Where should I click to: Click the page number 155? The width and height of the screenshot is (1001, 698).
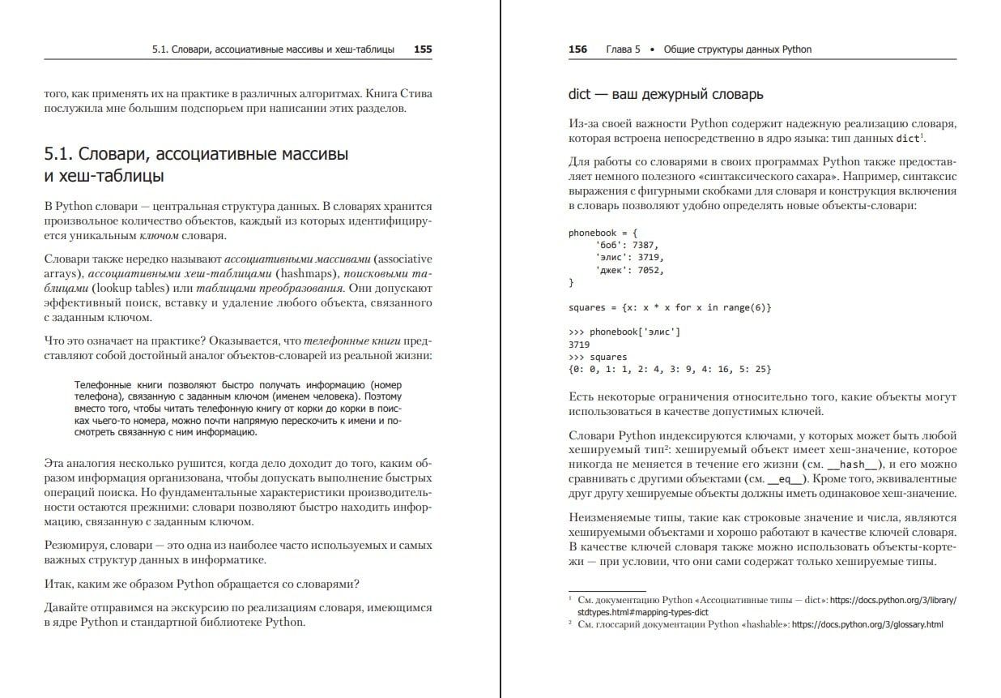tap(422, 49)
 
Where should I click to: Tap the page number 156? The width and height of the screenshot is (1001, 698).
tap(577, 49)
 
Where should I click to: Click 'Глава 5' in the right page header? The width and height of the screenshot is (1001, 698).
tap(623, 49)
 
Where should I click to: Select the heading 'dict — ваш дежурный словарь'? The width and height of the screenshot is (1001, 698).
tap(666, 95)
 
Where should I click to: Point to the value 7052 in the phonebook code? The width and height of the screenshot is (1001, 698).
tap(652, 270)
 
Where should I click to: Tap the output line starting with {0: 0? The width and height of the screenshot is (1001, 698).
tap(670, 369)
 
